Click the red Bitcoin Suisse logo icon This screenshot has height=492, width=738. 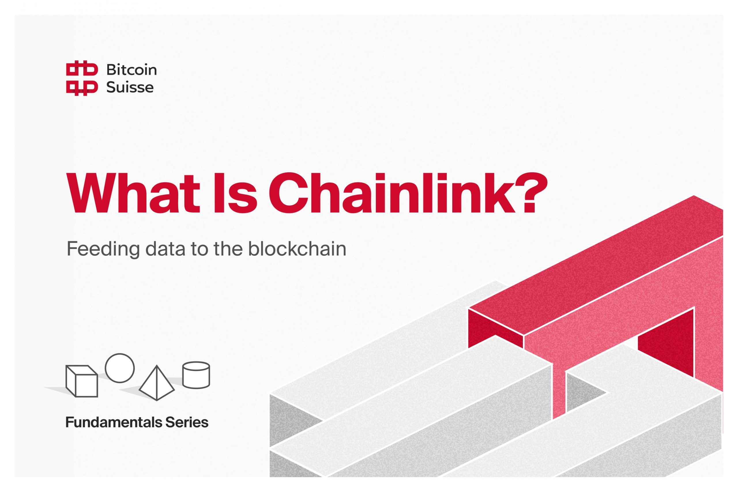point(82,78)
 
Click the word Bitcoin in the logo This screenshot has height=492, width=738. point(131,70)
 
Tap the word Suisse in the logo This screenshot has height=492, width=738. point(130,87)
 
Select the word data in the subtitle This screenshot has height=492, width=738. point(165,249)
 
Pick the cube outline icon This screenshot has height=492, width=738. point(82,381)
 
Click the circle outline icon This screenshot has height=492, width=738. point(120,368)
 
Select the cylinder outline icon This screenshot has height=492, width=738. point(196,375)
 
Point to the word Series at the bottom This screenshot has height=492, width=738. point(187,422)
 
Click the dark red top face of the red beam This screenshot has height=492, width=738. point(597,267)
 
